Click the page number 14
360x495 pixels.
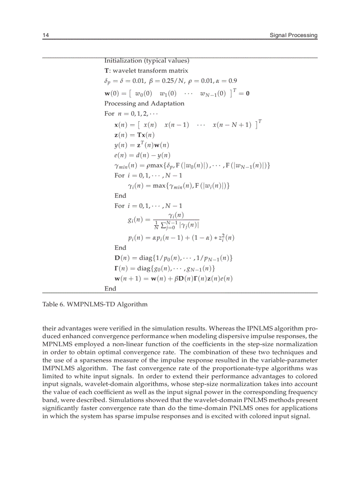45,35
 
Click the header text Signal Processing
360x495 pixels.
293,35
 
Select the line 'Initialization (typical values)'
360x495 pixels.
146,60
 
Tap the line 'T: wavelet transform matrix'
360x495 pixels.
146,71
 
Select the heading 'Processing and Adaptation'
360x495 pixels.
144,104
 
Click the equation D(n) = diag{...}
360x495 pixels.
173,257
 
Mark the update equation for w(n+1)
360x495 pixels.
173,278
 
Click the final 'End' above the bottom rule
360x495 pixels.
110,288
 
